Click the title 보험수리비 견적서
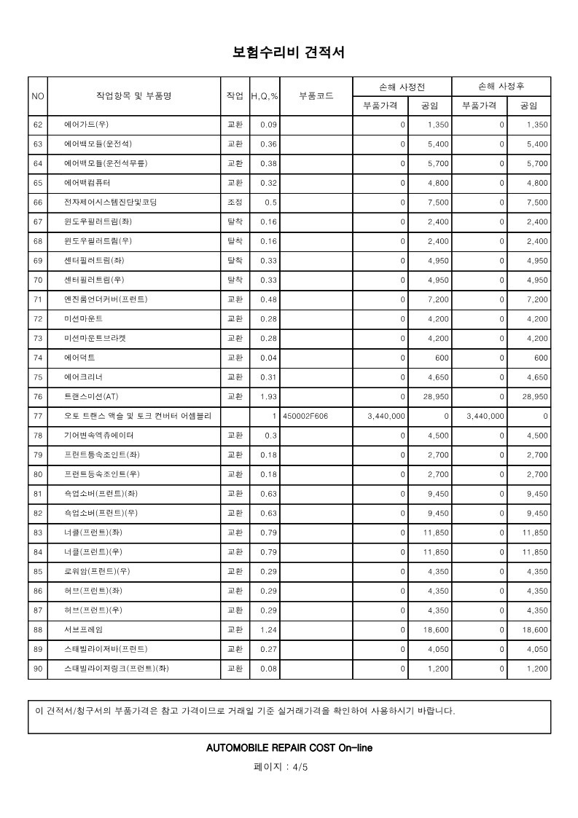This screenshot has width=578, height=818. coord(288,52)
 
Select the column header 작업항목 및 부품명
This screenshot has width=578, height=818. coord(133,96)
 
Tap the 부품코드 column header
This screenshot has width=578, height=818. coord(316,96)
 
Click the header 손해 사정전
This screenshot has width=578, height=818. coord(402,86)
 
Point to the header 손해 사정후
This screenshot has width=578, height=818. coord(501,86)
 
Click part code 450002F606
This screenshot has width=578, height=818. coord(305,416)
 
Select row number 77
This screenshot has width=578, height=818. coord(38,416)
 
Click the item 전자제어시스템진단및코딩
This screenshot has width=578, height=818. coord(110,202)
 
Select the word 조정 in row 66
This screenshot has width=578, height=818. coord(235,202)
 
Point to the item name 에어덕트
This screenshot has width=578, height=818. coord(79,358)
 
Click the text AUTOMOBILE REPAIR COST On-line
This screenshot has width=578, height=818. coord(289,747)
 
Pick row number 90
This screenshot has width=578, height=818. coord(38,668)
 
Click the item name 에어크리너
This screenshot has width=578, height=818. coord(83,377)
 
